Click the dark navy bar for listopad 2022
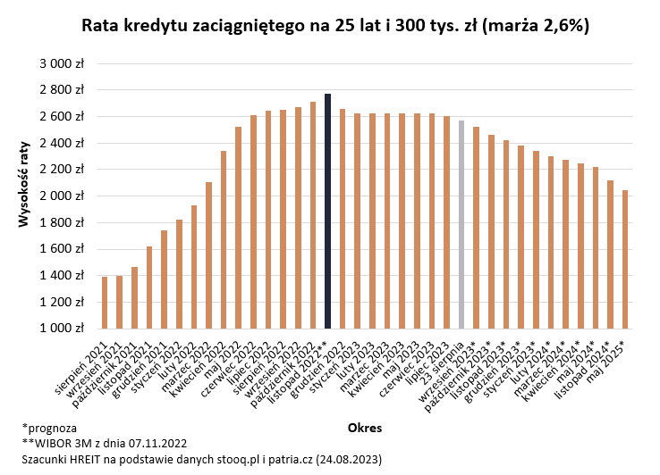(328, 212)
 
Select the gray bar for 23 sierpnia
(461, 225)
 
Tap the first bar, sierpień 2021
(105, 303)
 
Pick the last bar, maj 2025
(625, 259)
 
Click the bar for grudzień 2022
(343, 219)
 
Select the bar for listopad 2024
(610, 254)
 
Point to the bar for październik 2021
(134, 297)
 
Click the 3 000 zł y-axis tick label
(62, 64)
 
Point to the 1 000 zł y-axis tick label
(62, 329)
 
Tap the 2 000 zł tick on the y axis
(62, 196)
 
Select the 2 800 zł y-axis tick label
(62, 90)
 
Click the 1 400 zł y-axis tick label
(62, 276)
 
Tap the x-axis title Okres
(364, 429)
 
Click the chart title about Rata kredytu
(334, 26)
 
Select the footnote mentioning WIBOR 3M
(106, 443)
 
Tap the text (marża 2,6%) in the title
(533, 26)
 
